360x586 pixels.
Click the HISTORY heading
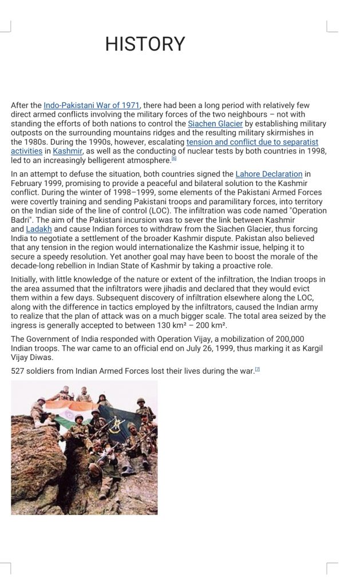[145, 44]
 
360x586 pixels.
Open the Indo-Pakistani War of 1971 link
[92, 105]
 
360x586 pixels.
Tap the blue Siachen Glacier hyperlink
[215, 124]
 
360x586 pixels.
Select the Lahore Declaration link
[268, 174]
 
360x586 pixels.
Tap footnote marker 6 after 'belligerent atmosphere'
[174, 159]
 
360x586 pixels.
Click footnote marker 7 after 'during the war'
[258, 370]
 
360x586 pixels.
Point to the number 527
[18, 371]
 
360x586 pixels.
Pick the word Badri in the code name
[21, 220]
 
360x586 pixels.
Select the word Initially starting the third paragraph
[25, 279]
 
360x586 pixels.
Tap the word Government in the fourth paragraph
[48, 339]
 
